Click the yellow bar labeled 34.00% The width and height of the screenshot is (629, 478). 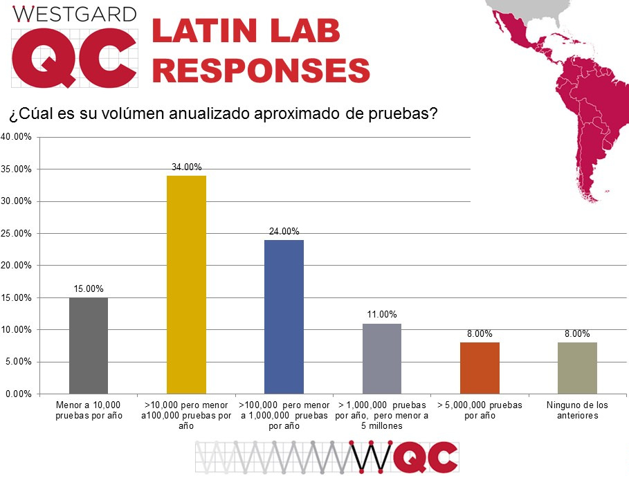pyautogui.click(x=186, y=284)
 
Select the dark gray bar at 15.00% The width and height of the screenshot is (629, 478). pyautogui.click(x=89, y=345)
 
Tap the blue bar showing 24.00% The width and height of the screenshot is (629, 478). pyautogui.click(x=284, y=316)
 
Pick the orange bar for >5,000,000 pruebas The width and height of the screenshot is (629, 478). pyautogui.click(x=480, y=367)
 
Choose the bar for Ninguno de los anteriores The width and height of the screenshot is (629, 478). pyautogui.click(x=577, y=367)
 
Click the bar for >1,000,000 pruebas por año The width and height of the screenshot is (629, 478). pyautogui.click(x=382, y=358)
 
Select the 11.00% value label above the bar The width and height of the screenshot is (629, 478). pyautogui.click(x=382, y=315)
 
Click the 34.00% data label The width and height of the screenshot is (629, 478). pyautogui.click(x=186, y=167)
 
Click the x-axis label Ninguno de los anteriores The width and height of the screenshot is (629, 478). pyautogui.click(x=577, y=410)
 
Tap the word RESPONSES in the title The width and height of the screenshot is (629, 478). pyautogui.click(x=260, y=71)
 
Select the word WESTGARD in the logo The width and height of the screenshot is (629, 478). pyautogui.click(x=75, y=13)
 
